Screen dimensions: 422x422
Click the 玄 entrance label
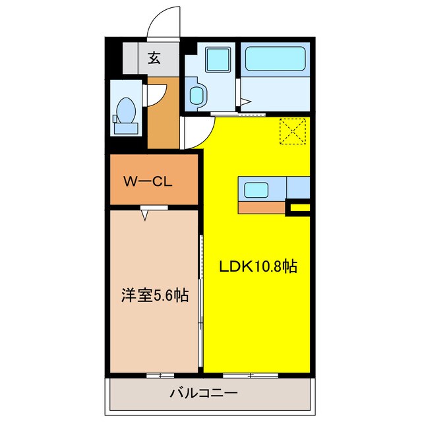click(x=154, y=59)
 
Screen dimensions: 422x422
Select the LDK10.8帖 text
click(x=258, y=267)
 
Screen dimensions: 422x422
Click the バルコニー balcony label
click(x=204, y=394)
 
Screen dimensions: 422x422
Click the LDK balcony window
click(x=251, y=375)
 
